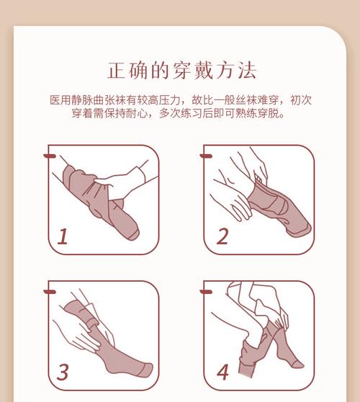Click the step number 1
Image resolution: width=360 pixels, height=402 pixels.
click(x=63, y=236)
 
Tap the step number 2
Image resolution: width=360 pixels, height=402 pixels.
click(x=222, y=236)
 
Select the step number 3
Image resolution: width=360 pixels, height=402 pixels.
click(x=63, y=372)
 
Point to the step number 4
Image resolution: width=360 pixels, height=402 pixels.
click(x=222, y=372)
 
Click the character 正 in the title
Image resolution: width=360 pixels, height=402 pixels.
click(x=117, y=71)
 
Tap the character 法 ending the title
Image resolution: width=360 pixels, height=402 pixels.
click(x=247, y=71)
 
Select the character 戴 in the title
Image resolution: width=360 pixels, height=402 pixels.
click(x=204, y=71)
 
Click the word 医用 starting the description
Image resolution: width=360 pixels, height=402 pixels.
click(x=60, y=100)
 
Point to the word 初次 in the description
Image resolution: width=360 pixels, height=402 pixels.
click(x=300, y=100)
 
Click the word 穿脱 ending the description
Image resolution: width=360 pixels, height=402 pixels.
click(x=268, y=113)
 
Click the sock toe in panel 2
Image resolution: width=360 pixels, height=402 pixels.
click(x=300, y=229)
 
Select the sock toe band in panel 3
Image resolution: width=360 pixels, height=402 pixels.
click(x=145, y=370)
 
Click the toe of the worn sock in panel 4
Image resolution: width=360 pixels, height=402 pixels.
click(x=298, y=364)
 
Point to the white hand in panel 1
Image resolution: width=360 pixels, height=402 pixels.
click(x=123, y=183)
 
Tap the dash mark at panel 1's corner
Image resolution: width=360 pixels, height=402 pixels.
click(x=50, y=156)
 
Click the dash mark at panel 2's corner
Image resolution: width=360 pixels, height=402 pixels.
click(x=206, y=156)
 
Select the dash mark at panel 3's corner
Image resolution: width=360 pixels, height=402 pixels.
click(x=50, y=292)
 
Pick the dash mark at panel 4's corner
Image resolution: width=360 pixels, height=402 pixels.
click(x=206, y=292)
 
